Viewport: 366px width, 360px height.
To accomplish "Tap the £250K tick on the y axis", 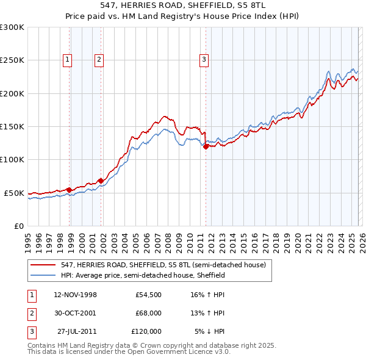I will point(12,60).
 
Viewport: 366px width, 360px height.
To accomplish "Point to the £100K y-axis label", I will point(12,159).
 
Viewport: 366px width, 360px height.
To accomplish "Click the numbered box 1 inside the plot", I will point(66,59).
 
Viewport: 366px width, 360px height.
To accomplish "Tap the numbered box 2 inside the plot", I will point(98,59).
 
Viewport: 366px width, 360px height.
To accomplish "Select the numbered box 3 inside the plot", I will point(203,59).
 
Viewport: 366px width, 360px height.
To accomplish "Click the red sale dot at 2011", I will point(206,146).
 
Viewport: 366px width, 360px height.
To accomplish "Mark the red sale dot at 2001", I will point(101,180).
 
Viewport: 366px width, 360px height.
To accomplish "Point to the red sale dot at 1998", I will point(70,189).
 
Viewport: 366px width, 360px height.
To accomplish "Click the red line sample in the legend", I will point(43,265).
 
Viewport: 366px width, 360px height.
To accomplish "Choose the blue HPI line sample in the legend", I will point(43,276).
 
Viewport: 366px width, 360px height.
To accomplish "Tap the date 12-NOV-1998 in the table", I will point(75,295).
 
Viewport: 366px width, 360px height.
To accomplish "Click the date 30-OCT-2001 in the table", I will point(75,313).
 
